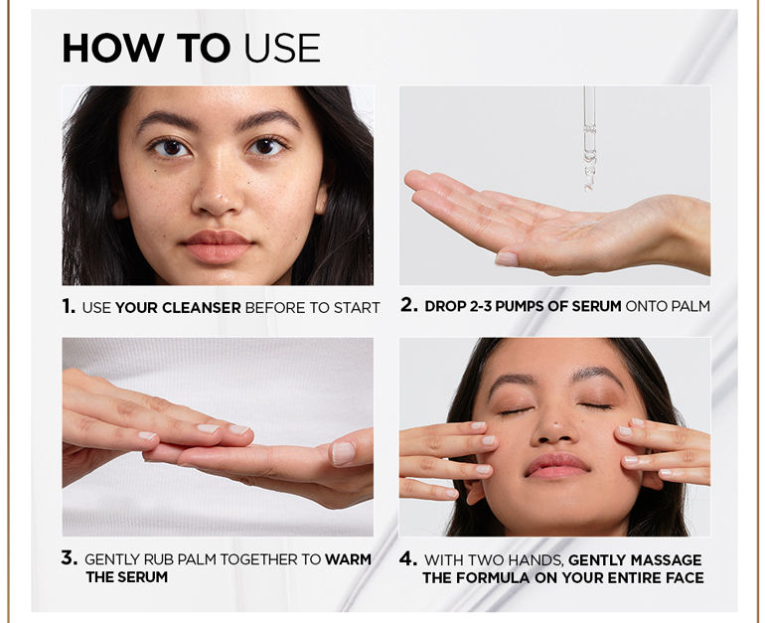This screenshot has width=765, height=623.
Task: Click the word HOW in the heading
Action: [x=112, y=48]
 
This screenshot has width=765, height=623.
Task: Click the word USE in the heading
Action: [x=282, y=48]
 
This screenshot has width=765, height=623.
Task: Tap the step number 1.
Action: [x=69, y=306]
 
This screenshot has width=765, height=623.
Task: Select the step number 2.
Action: [x=409, y=305]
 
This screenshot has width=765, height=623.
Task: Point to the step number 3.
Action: [x=70, y=557]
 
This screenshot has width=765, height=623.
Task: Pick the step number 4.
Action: [x=408, y=558]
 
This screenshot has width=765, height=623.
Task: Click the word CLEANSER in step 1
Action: [x=202, y=308]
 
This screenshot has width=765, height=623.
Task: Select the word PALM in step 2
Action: [x=690, y=306]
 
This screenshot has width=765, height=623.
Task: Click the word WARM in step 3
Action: [x=349, y=559]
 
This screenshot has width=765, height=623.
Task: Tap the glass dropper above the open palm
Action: [x=589, y=139]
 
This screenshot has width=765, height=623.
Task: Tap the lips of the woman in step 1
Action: [x=218, y=245]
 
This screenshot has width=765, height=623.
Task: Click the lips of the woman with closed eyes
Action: [x=556, y=465]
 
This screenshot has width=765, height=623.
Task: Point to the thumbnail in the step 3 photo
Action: [x=343, y=453]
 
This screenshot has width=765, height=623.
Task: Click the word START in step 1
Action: [x=357, y=308]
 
